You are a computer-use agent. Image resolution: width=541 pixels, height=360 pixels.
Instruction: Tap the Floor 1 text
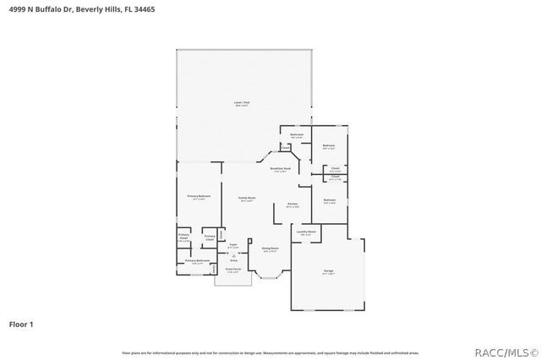point(21,324)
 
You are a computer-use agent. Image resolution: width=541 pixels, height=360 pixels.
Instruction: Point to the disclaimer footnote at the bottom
point(270,352)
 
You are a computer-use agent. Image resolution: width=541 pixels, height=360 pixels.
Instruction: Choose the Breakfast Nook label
point(281,169)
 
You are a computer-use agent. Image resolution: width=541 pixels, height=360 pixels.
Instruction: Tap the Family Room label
point(247,198)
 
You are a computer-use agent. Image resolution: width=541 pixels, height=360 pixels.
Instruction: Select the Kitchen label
point(292,205)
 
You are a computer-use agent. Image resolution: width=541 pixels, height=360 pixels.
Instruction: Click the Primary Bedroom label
point(199,196)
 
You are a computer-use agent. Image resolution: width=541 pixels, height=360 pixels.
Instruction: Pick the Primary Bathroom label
point(197,261)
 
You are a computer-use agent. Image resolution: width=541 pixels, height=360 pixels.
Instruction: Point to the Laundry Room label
point(306,232)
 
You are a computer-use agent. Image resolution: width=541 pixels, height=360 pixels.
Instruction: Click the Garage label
point(328,270)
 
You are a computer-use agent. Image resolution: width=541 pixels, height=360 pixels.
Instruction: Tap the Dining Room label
point(270,248)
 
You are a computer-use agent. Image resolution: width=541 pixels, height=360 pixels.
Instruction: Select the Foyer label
point(232,246)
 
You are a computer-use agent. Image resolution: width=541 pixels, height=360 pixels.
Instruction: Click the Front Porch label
point(232,270)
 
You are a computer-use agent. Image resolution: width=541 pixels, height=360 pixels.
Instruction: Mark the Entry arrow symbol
point(234,256)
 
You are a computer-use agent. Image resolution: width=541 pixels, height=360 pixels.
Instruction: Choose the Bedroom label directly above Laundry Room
point(330,200)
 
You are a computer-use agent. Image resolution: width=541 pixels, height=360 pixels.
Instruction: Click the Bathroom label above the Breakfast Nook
point(297,135)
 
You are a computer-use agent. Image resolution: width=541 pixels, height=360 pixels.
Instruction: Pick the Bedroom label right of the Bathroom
point(330,146)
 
